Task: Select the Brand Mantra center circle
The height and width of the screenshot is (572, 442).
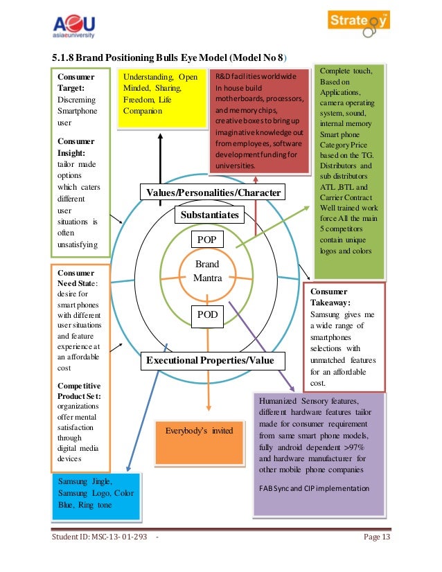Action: pos(206,271)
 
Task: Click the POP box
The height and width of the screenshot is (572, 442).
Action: pos(206,240)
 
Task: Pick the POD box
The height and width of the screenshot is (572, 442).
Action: pos(207,314)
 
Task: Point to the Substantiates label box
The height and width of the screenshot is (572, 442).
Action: pos(209,215)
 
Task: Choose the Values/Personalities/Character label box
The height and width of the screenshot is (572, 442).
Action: pos(212,192)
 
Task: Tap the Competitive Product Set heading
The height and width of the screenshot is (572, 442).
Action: pos(78,391)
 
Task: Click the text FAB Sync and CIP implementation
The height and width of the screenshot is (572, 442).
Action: pos(313,488)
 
